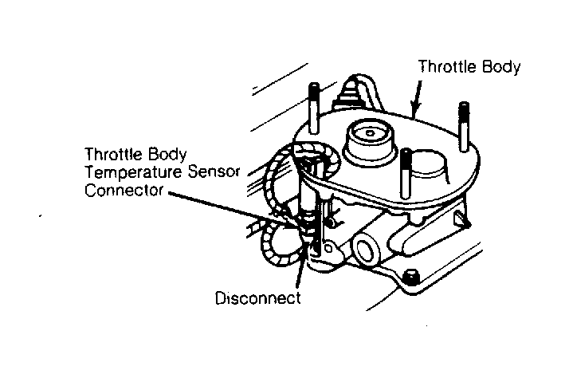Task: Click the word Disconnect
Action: [257, 298]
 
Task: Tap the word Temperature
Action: [133, 171]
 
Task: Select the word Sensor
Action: [214, 171]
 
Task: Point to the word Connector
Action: [124, 190]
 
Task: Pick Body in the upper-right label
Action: [501, 68]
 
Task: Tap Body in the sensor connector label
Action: [167, 155]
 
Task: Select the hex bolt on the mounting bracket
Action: [410, 278]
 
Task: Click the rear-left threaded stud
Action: [314, 108]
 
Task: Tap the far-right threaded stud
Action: [463, 126]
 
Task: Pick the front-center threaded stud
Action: [406, 173]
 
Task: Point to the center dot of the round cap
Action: [370, 133]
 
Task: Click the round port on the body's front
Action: [367, 250]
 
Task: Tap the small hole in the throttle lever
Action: [328, 248]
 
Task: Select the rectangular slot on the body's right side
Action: [459, 219]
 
